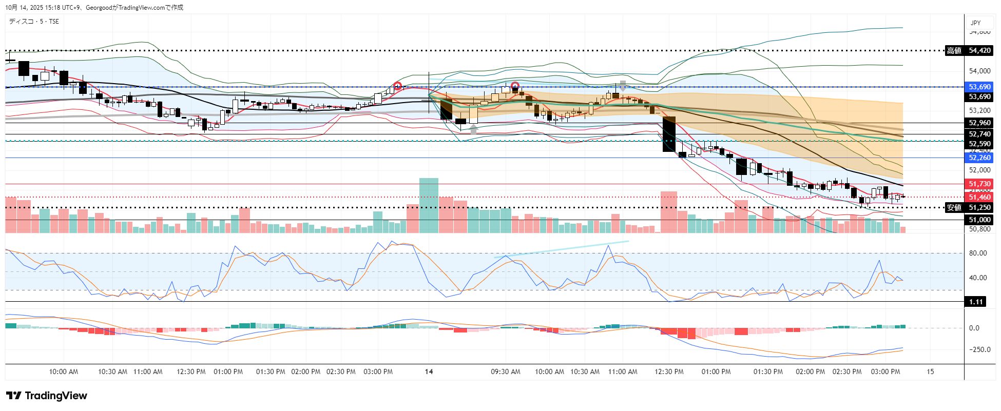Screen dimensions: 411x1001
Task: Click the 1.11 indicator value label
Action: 976,302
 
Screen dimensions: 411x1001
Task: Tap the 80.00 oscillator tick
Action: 977,253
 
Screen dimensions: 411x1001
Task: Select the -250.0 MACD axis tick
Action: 977,349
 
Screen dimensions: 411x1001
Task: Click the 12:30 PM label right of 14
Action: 669,371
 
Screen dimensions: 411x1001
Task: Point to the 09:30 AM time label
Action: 505,371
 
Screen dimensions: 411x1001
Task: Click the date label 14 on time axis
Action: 429,371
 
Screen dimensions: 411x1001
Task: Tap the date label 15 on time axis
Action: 930,371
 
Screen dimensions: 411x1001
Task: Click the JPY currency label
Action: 975,23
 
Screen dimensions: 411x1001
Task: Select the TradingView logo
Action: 47,396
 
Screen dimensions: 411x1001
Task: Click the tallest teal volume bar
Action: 429,205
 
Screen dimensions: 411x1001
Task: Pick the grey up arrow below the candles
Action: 473,129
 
